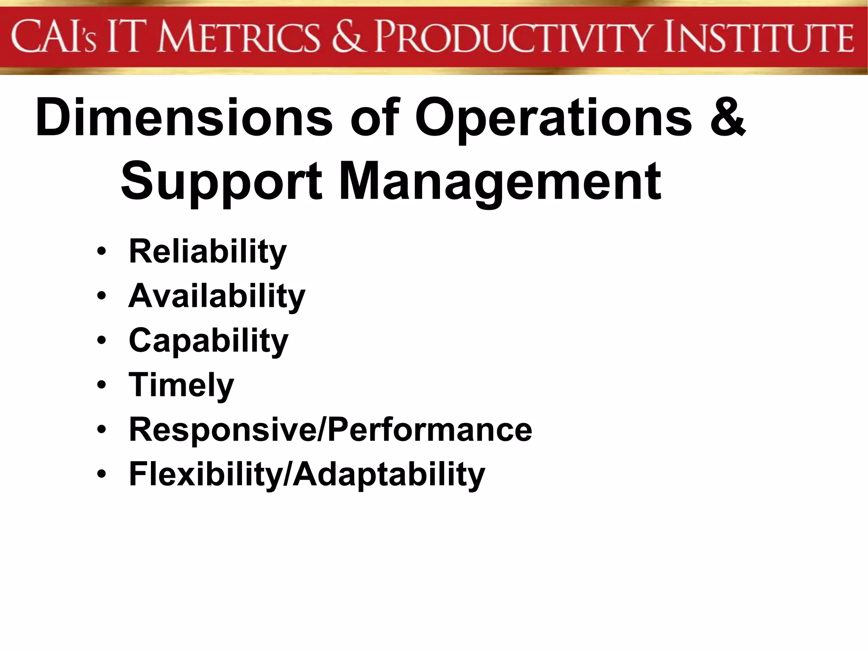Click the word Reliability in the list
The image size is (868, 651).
[208, 252]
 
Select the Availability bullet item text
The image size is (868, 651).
[217, 296]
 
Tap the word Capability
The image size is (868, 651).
[209, 341]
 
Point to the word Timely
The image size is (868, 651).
[181, 385]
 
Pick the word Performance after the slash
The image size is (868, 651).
[430, 430]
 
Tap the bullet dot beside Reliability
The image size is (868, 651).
[101, 252]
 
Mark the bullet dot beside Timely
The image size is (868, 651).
[101, 385]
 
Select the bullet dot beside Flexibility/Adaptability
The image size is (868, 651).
[101, 474]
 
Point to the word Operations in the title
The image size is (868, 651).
[553, 118]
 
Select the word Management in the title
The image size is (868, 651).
[500, 181]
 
